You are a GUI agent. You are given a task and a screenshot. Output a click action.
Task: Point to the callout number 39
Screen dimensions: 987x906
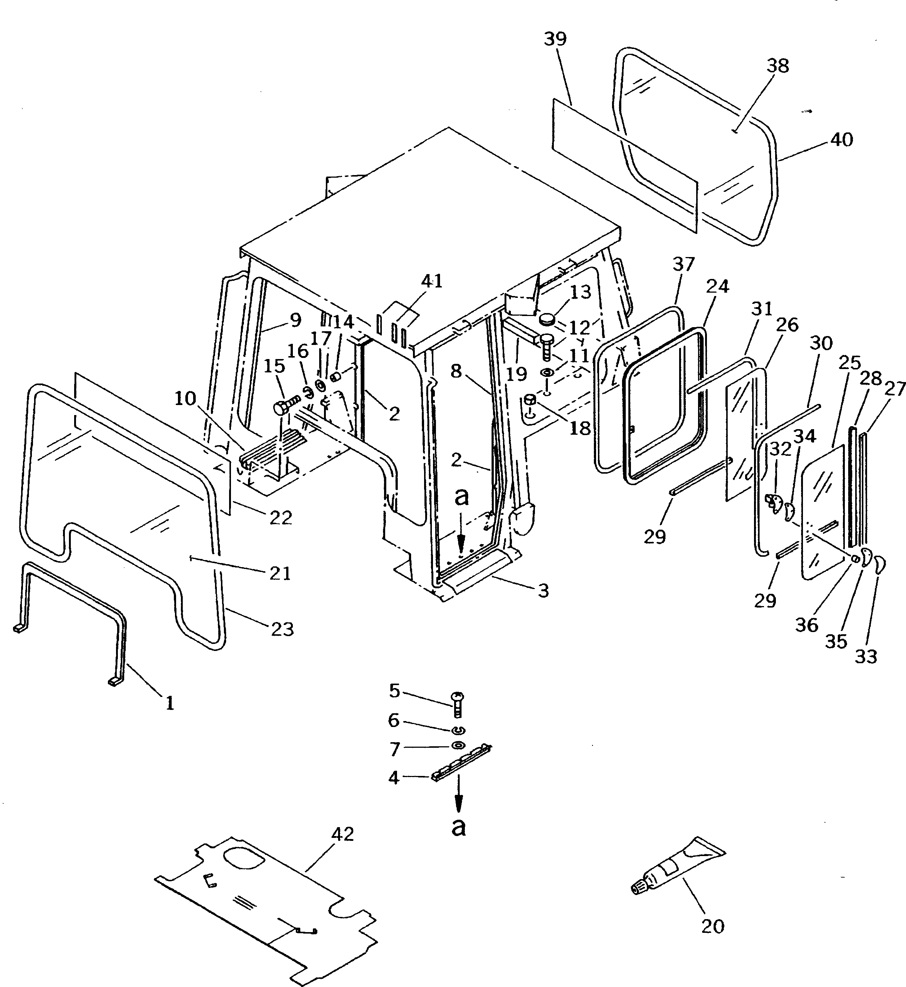[x=555, y=39]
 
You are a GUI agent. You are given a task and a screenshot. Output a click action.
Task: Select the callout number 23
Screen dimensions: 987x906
[x=282, y=629]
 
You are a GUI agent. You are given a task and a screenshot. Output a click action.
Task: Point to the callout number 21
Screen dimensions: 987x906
[x=280, y=573]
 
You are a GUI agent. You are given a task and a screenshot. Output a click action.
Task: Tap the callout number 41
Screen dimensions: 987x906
[x=431, y=281]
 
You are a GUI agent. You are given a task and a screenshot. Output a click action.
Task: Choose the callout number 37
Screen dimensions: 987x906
[x=684, y=265]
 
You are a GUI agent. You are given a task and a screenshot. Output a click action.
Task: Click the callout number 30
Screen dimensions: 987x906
[x=821, y=344]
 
